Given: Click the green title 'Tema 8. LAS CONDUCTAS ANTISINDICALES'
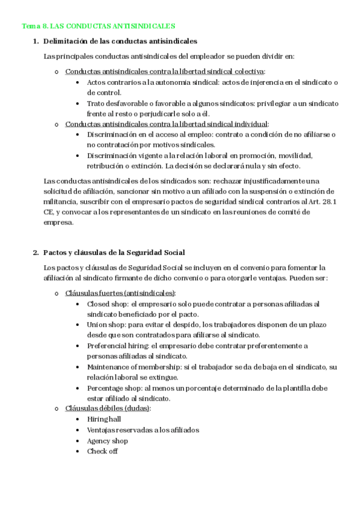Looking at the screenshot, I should pyautogui.click(x=99, y=26).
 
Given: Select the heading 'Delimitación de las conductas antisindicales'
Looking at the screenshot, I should pyautogui.click(x=120, y=41).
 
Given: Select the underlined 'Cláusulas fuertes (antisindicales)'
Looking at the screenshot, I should pyautogui.click(x=120, y=293).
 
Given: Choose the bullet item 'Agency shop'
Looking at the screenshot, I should pyautogui.click(x=107, y=441).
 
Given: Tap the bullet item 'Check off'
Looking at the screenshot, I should pyautogui.click(x=102, y=451).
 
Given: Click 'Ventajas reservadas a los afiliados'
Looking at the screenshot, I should pyautogui.click(x=142, y=430).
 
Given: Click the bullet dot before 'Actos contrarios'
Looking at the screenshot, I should pyautogui.click(x=79, y=82).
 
